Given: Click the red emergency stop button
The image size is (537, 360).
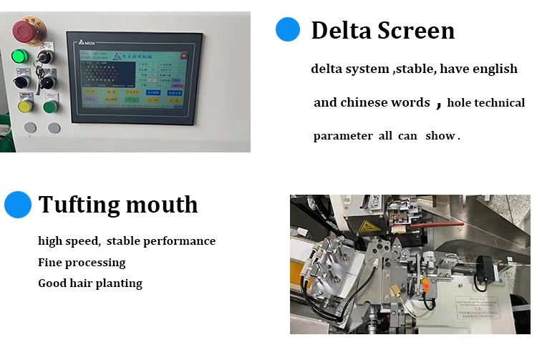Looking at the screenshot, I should click(26, 30).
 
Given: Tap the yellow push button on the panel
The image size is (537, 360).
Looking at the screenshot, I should click(25, 107).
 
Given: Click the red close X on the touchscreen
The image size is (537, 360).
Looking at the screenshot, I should click(184, 55).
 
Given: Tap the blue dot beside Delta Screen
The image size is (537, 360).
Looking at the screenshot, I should click(288, 29).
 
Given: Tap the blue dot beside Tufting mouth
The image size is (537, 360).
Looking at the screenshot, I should click(18, 204).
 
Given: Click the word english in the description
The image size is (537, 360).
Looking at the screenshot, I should click(495, 69).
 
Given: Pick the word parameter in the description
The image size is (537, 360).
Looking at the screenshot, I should click(343, 136).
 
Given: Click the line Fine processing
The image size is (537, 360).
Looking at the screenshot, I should click(82, 263).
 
